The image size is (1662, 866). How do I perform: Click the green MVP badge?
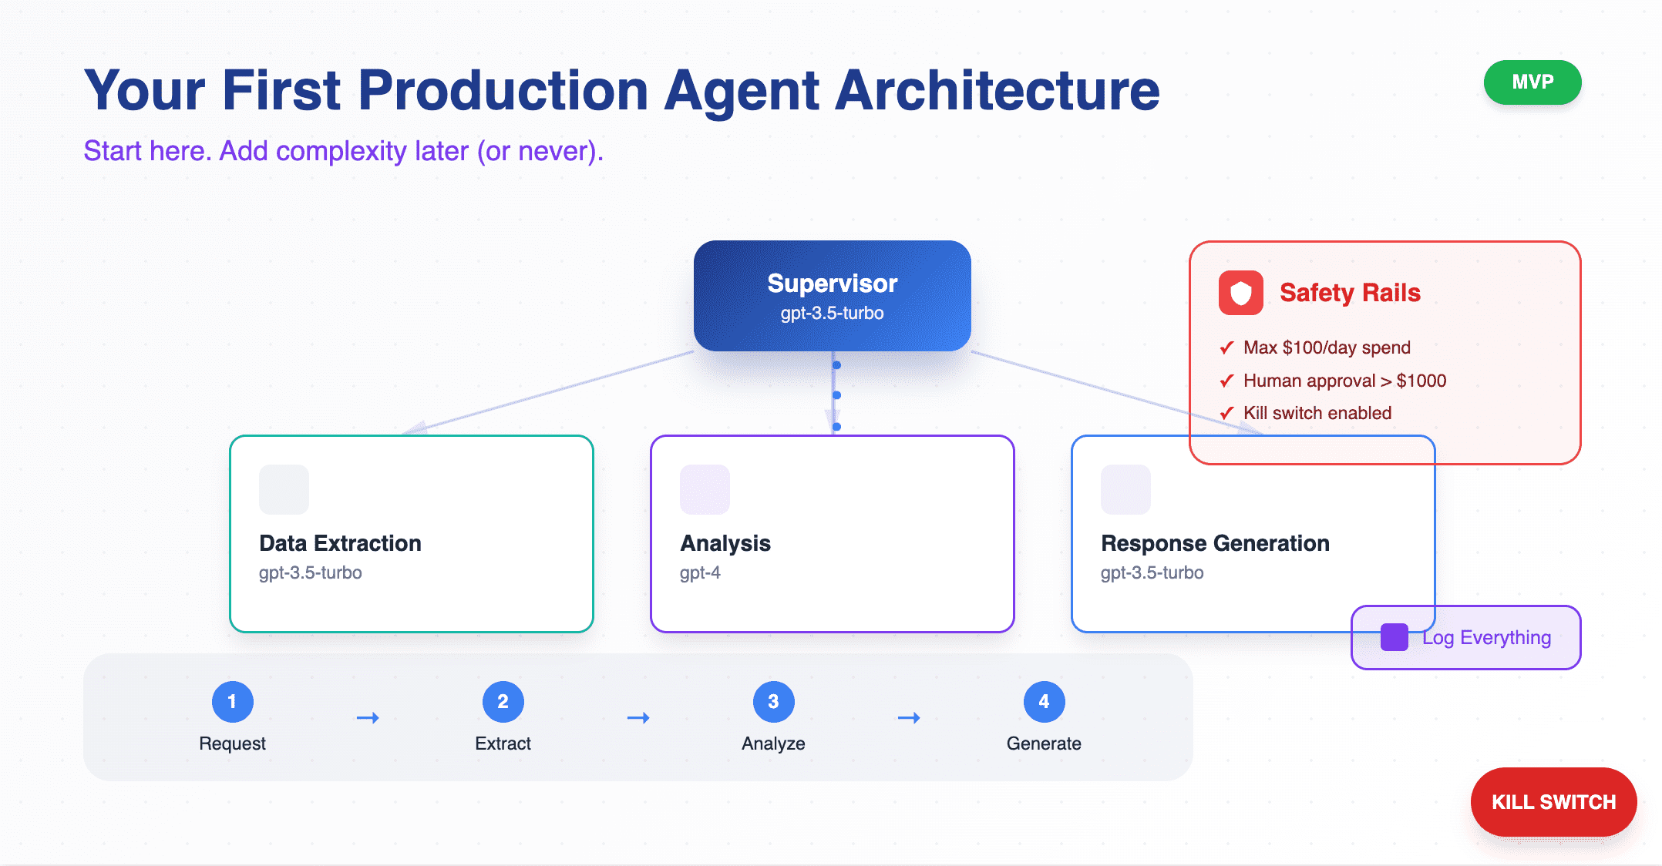pyautogui.click(x=1532, y=82)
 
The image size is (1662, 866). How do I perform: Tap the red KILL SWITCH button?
pyautogui.click(x=1553, y=802)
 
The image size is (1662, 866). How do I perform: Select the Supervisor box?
pyautogui.click(x=832, y=296)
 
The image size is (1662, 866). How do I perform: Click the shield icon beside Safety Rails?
pyautogui.click(x=1240, y=293)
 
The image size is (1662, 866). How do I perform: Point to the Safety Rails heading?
pyautogui.click(x=1350, y=293)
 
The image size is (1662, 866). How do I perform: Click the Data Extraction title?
pyautogui.click(x=340, y=543)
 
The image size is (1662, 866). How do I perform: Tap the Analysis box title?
pyautogui.click(x=725, y=543)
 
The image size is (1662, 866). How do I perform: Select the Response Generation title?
pyautogui.click(x=1215, y=543)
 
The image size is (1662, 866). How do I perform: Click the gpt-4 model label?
pyautogui.click(x=700, y=572)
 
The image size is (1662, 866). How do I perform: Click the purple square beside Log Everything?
pyautogui.click(x=1394, y=637)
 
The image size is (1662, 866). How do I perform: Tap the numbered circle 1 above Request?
pyautogui.click(x=232, y=702)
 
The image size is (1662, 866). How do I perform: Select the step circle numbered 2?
pyautogui.click(x=503, y=702)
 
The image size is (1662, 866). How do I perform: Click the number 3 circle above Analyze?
pyautogui.click(x=773, y=702)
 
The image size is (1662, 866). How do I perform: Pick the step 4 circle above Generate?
pyautogui.click(x=1044, y=702)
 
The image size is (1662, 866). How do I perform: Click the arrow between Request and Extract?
pyautogui.click(x=368, y=718)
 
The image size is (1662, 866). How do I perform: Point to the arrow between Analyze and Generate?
pyautogui.click(x=909, y=718)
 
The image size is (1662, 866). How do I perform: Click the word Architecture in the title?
pyautogui.click(x=997, y=90)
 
